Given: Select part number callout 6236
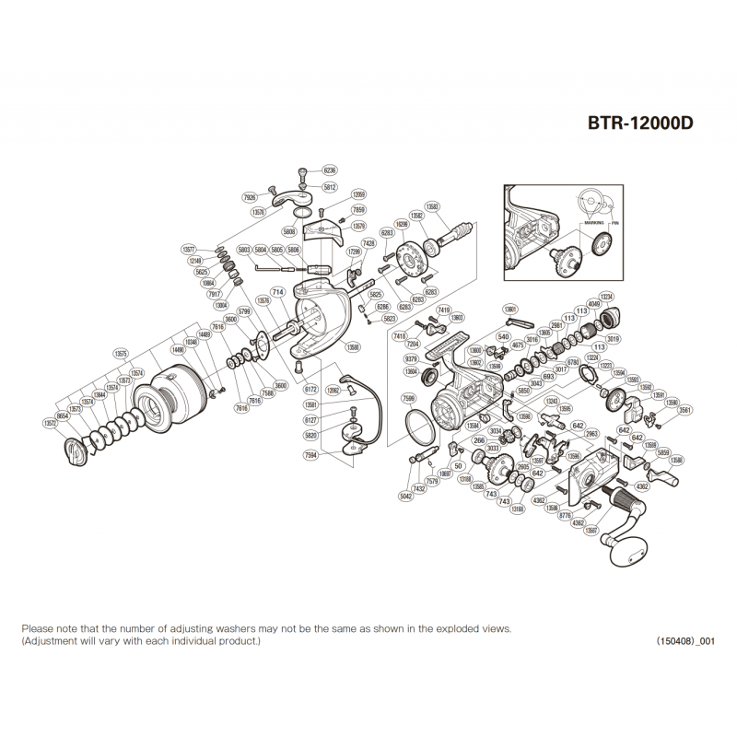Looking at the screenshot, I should [330, 171].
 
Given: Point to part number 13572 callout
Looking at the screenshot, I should [50, 423].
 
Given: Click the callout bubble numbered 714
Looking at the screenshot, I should [276, 292].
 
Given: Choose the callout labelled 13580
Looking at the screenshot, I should [352, 347].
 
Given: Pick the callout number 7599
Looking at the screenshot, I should [409, 398].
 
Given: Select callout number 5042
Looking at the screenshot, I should [405, 496].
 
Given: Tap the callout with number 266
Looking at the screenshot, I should [479, 440].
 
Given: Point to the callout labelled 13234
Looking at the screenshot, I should [606, 296].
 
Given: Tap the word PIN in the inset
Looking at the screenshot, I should [613, 222].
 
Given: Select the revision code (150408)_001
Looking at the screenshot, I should [685, 641].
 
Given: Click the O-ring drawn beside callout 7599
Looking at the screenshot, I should [420, 425].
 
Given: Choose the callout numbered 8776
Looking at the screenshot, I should [567, 516].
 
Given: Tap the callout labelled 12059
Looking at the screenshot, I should [359, 194].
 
